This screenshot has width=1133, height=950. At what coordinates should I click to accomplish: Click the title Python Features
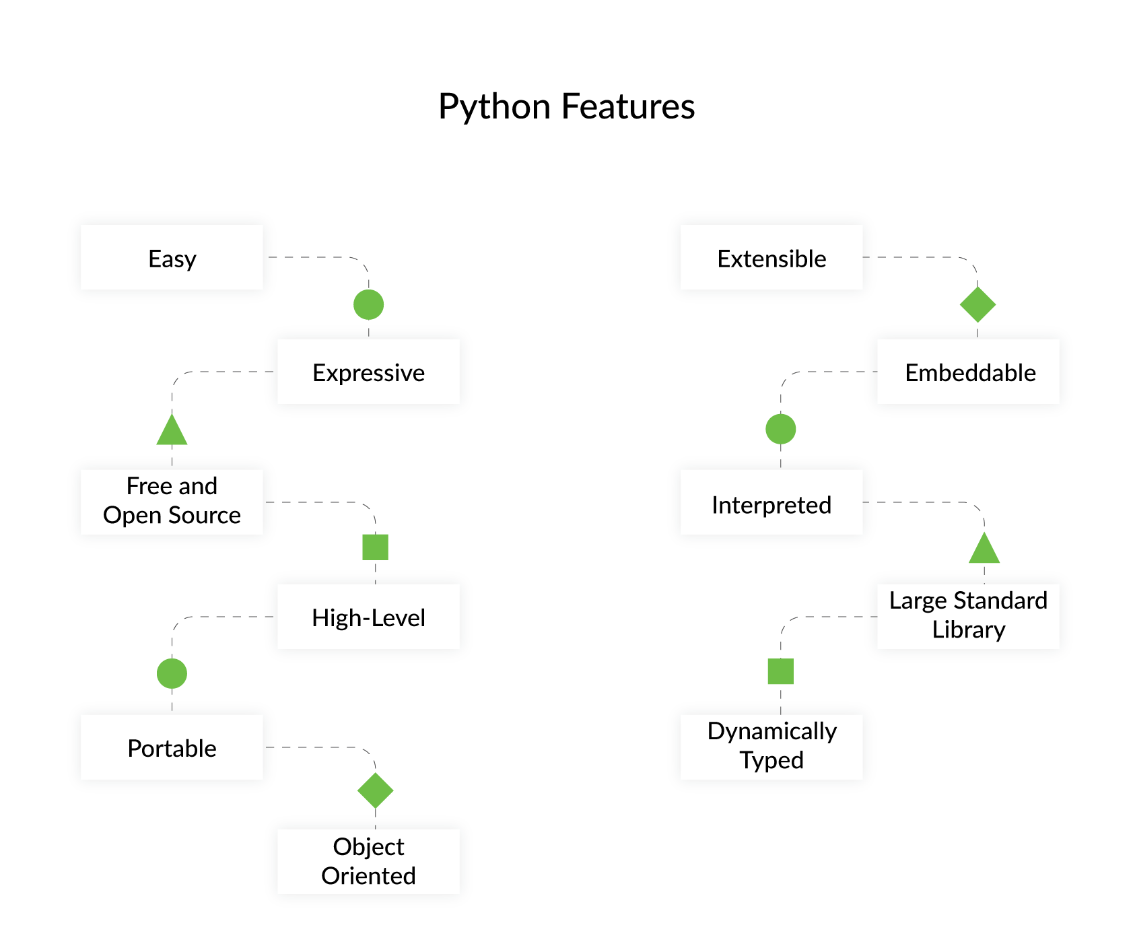coord(566,106)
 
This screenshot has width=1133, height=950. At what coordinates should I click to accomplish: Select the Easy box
coord(172,258)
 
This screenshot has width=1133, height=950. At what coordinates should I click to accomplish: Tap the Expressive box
coord(368,372)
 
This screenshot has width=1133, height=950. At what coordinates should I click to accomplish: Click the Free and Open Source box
coord(172,502)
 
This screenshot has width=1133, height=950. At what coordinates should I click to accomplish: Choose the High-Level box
coord(368,617)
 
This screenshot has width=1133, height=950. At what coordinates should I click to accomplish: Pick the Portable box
coord(172,747)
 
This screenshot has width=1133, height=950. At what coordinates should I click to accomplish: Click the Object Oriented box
coord(368,861)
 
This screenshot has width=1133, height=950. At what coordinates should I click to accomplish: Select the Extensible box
coord(771,258)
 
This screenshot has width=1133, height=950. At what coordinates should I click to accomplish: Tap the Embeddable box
coord(969,372)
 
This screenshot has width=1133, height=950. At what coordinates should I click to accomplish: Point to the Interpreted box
coord(771,503)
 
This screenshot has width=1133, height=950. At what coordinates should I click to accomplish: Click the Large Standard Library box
coord(969,615)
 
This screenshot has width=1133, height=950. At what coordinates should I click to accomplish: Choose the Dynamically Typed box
coord(771,746)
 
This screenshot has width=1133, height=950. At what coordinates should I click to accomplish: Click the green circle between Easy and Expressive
coord(368,305)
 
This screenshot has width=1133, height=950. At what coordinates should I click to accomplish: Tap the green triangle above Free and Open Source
coord(172,432)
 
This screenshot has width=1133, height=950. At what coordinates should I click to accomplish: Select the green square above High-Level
coord(375,547)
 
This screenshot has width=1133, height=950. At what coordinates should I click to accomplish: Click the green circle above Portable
coord(172,673)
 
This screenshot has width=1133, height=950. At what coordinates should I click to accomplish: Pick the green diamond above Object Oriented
coord(375,790)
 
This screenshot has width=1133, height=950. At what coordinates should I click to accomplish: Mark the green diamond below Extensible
coord(977,304)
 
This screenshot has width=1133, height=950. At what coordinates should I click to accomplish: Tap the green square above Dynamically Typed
coord(781,671)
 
